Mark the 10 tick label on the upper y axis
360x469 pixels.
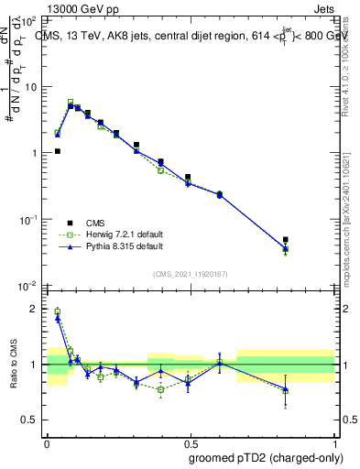31,87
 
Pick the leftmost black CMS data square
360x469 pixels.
58,151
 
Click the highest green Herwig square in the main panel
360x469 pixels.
71,102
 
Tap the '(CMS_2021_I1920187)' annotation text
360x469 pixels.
191,274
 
